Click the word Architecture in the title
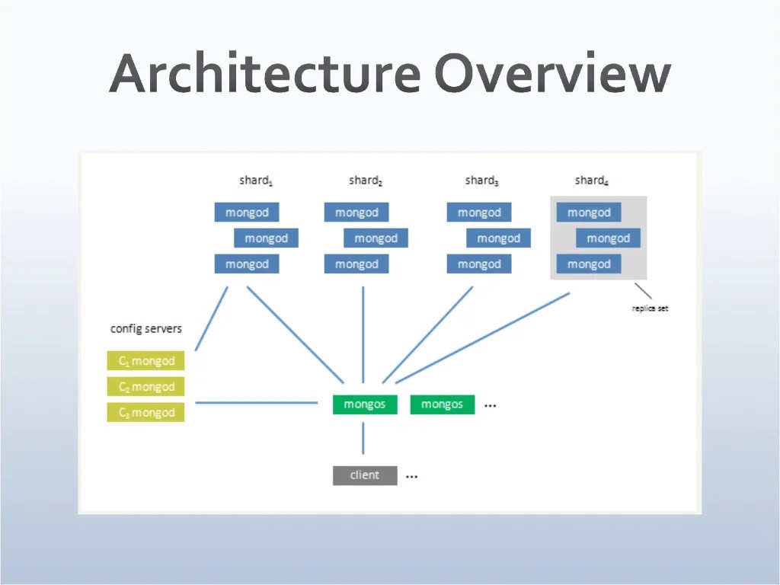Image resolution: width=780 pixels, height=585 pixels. pos(264,75)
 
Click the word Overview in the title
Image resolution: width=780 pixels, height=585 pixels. pos(552,75)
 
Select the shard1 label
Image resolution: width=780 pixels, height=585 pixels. pos(256,181)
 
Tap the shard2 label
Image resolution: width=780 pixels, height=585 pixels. pos(366,181)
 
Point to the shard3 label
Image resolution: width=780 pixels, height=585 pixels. pos(481,181)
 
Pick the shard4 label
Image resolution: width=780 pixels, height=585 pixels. pos(591,181)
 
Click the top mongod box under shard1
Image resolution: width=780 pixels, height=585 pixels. pos(247,213)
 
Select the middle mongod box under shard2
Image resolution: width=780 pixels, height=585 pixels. pos(376,238)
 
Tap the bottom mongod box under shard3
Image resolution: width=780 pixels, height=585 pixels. pos(479,264)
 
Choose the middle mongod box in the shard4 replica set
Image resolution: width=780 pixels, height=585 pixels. pos(608,238)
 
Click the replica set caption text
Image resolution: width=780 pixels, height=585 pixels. pos(650,308)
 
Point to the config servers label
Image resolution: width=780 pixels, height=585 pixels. pos(146,329)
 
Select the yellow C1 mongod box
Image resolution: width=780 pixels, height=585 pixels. pos(146,361)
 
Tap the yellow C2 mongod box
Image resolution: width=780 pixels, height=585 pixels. pos(146,387)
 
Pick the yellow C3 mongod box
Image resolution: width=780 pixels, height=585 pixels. pos(146,412)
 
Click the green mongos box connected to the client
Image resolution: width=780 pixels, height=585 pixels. pos(365,404)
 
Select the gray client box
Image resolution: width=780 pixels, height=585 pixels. pos(365,475)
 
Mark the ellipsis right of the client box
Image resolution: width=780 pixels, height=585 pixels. pos(412,477)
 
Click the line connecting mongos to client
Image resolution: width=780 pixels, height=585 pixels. pos(363,439)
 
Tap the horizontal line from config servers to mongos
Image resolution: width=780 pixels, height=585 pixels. pos(256,403)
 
